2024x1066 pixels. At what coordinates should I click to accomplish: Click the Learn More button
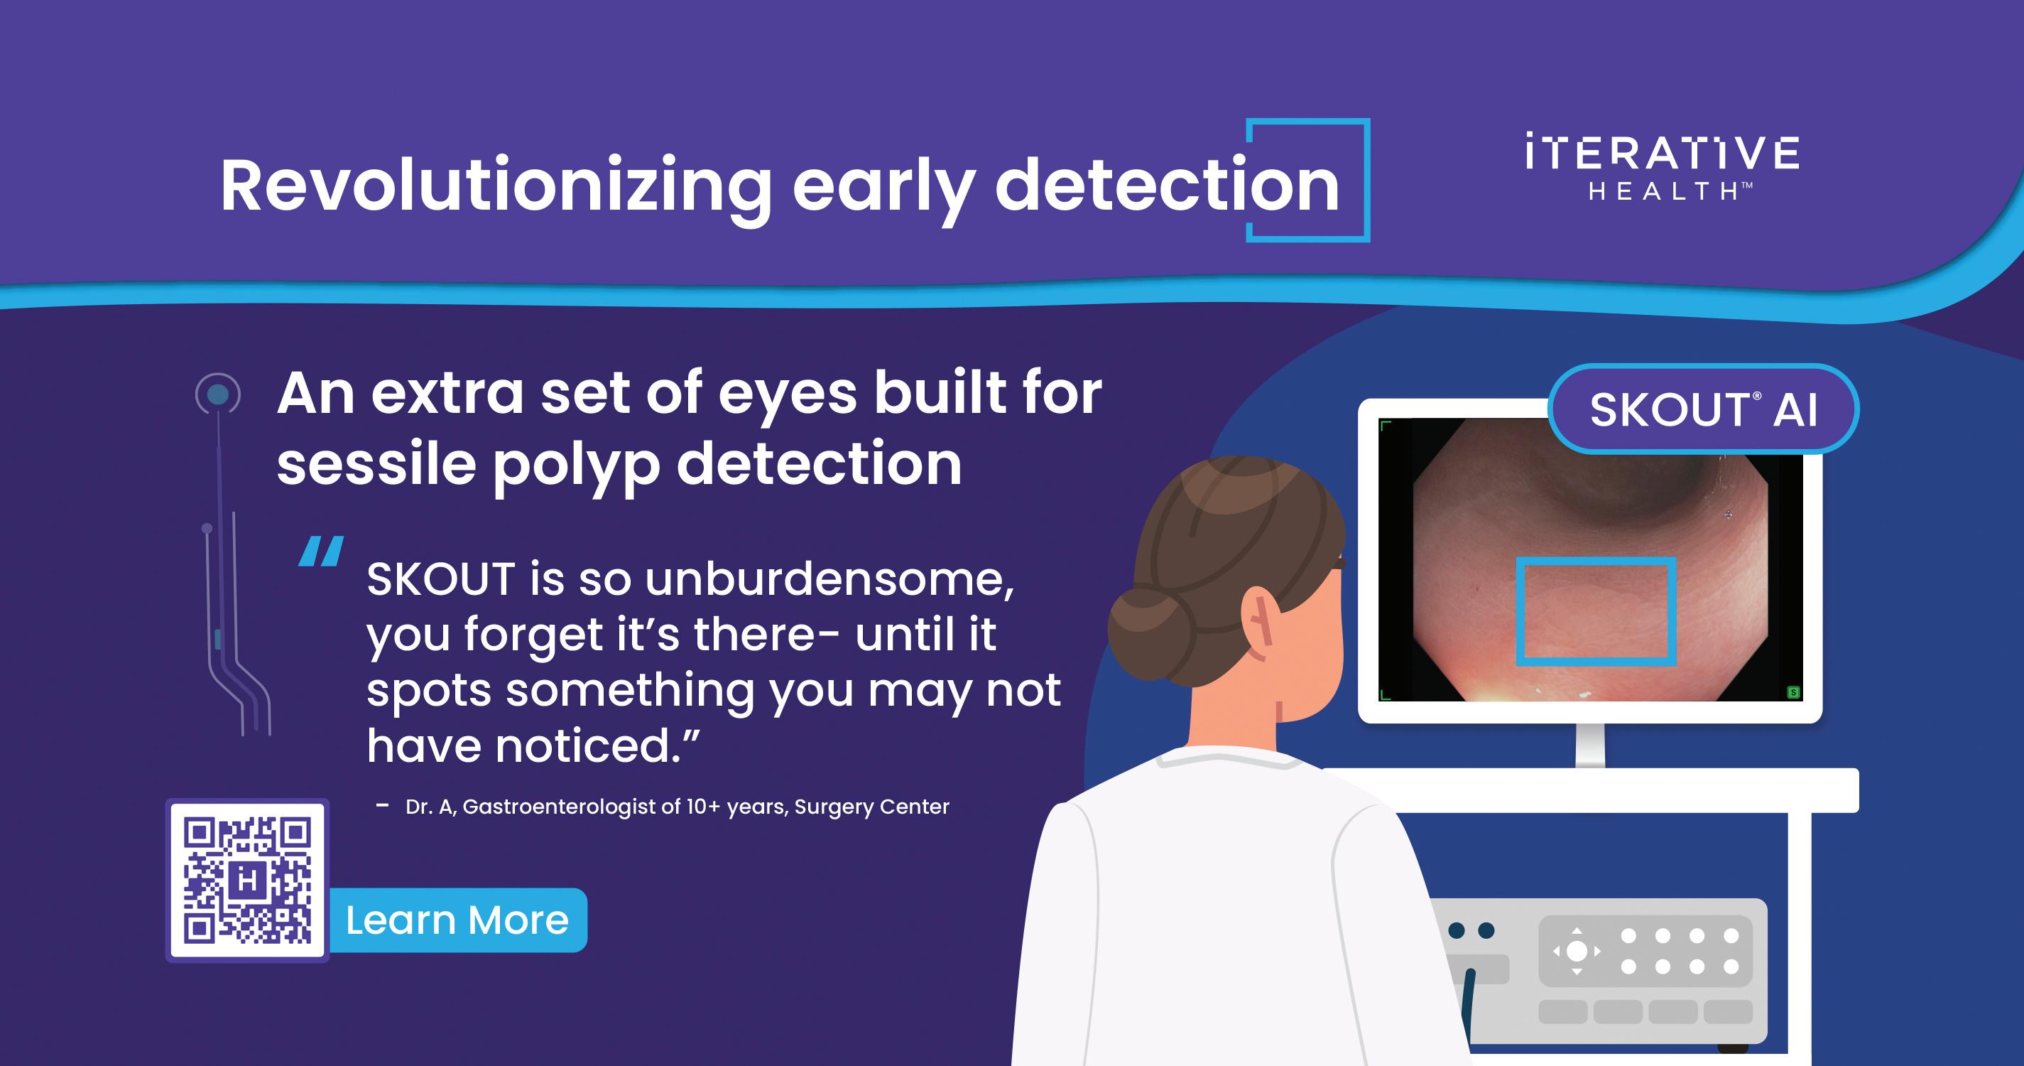click(x=457, y=920)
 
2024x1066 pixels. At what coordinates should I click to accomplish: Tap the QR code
click(x=248, y=881)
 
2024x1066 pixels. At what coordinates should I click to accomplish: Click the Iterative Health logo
click(x=1662, y=168)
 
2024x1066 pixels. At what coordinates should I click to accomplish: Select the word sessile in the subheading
click(x=376, y=464)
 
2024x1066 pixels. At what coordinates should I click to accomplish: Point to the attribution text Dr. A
click(x=430, y=807)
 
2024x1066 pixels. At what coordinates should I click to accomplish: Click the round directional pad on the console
click(x=1577, y=951)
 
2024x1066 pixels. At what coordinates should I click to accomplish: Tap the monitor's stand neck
click(x=1590, y=745)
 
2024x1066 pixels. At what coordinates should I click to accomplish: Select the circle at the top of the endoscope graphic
click(x=217, y=394)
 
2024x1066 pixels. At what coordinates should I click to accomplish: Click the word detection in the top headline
click(x=1167, y=186)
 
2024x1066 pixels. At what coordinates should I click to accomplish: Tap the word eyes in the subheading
click(x=788, y=394)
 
